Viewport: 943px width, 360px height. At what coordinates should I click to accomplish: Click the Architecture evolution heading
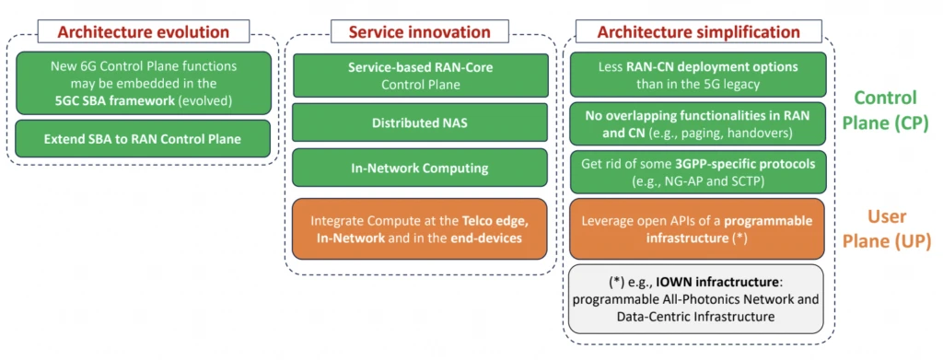tap(143, 32)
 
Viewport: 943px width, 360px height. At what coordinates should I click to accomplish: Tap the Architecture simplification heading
tap(698, 32)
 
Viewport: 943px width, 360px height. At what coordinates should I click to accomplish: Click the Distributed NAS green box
tap(420, 122)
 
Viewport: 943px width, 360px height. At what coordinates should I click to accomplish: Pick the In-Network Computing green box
tap(420, 168)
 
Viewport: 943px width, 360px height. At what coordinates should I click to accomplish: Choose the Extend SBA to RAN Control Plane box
tap(143, 139)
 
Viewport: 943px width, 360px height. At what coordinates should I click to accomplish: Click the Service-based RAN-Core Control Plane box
tap(420, 75)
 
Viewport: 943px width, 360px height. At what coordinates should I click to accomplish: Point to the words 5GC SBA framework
tap(113, 99)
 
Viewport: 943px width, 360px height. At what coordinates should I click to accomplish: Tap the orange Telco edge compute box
tap(420, 229)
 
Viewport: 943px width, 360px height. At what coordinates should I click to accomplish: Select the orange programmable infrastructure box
tap(698, 229)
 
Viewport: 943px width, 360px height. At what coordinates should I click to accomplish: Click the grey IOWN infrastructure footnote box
tap(696, 298)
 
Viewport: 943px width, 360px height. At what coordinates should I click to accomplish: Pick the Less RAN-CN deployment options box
tap(698, 75)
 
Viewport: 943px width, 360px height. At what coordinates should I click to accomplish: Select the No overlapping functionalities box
tap(698, 123)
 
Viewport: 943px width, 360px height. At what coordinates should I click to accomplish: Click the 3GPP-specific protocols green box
tap(698, 172)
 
